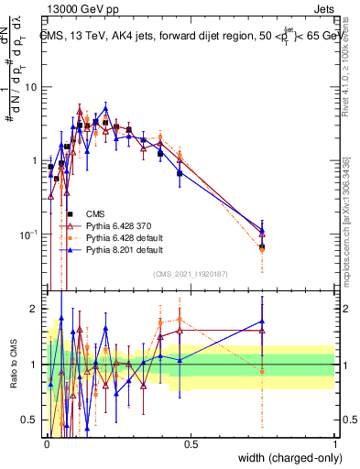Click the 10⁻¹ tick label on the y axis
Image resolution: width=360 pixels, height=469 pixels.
coord(29,235)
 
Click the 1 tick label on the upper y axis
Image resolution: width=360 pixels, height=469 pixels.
coord(35,161)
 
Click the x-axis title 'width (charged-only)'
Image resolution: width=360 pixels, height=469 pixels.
coord(286,459)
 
